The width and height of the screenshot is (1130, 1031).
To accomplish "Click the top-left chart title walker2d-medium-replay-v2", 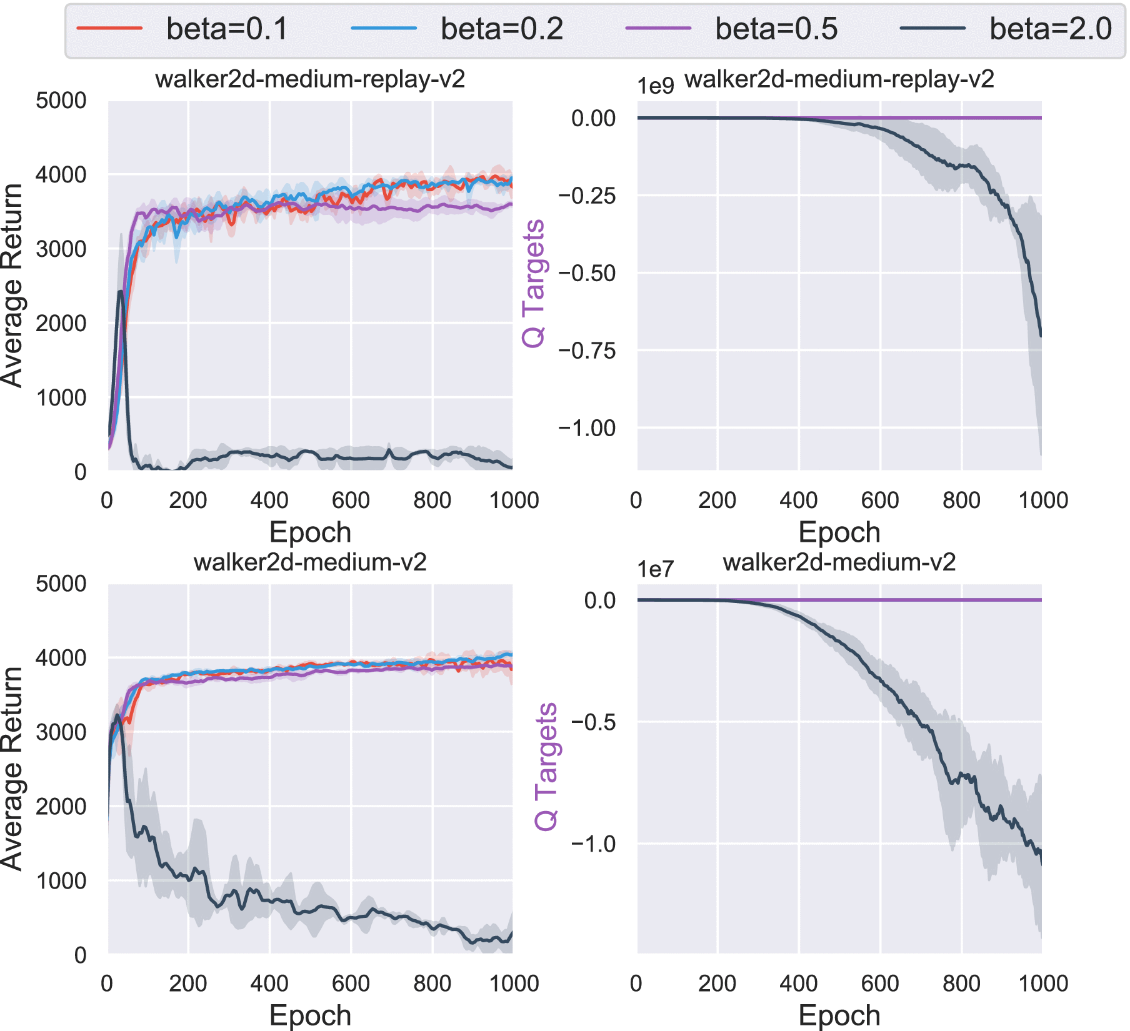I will click(x=310, y=79).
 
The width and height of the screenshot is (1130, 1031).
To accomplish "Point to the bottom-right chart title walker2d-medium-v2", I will click(x=839, y=562).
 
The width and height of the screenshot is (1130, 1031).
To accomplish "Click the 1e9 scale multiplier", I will click(x=655, y=86).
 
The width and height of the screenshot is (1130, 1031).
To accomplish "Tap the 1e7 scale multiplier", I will click(x=655, y=569).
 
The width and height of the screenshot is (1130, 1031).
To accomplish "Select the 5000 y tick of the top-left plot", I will click(x=61, y=101).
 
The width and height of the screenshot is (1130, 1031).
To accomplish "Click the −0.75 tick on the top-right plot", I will click(x=586, y=351).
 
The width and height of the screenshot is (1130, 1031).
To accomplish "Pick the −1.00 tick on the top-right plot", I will click(x=586, y=428).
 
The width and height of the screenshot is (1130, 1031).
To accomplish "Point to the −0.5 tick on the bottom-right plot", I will click(x=592, y=722).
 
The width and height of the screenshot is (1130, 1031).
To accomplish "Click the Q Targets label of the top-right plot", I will click(x=534, y=283).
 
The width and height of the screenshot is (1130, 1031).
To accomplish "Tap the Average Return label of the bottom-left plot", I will click(x=12, y=769).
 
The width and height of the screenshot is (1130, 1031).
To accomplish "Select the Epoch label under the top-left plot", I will click(x=310, y=532).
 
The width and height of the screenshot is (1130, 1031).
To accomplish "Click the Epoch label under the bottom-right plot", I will click(x=839, y=1015).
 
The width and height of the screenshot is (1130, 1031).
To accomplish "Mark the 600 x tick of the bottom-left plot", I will click(x=351, y=984).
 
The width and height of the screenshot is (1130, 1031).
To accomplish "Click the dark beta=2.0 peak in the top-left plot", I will click(x=120, y=291).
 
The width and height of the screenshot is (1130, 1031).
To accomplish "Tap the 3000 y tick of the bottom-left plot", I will click(x=61, y=732).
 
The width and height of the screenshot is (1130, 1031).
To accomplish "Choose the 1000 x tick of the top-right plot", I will click(x=1042, y=501).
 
